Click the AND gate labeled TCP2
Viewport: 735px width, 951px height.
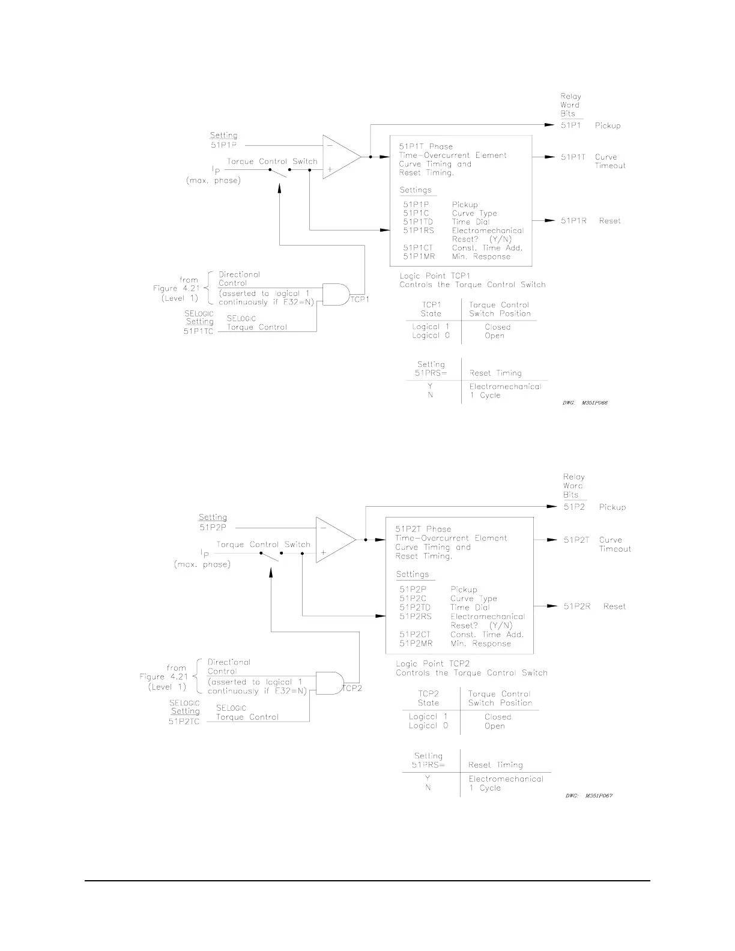tap(328, 683)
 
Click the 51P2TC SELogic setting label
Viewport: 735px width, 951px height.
tap(184, 722)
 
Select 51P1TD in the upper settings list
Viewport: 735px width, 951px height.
tap(418, 222)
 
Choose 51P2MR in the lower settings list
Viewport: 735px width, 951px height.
tap(416, 644)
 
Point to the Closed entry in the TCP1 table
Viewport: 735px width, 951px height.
tap(497, 327)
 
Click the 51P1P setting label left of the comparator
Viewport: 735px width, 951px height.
tap(223, 145)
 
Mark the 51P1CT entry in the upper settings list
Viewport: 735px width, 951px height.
tap(418, 248)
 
